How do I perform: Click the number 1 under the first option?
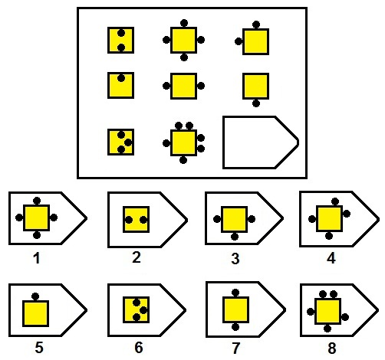click(x=37, y=258)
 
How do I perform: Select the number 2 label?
click(x=137, y=257)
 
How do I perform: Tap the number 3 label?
click(x=235, y=258)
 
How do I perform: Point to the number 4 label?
click(x=331, y=258)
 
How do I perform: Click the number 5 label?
click(x=39, y=348)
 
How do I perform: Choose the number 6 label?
click(x=139, y=348)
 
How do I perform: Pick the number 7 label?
click(x=235, y=348)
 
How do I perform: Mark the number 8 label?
click(x=332, y=348)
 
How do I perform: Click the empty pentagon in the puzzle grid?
click(x=223, y=142)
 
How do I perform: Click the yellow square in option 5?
click(x=35, y=313)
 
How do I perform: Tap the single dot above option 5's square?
click(x=35, y=296)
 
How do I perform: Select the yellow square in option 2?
click(x=136, y=219)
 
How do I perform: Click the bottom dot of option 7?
click(x=235, y=327)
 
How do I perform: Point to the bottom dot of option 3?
click(x=235, y=237)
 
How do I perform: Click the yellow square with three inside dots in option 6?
click(x=136, y=309)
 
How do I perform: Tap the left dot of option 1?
click(x=19, y=218)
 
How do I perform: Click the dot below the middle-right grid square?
click(x=256, y=103)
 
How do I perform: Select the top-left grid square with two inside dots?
click(x=120, y=40)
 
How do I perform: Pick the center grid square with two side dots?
click(x=183, y=86)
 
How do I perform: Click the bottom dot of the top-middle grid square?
click(x=184, y=57)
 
